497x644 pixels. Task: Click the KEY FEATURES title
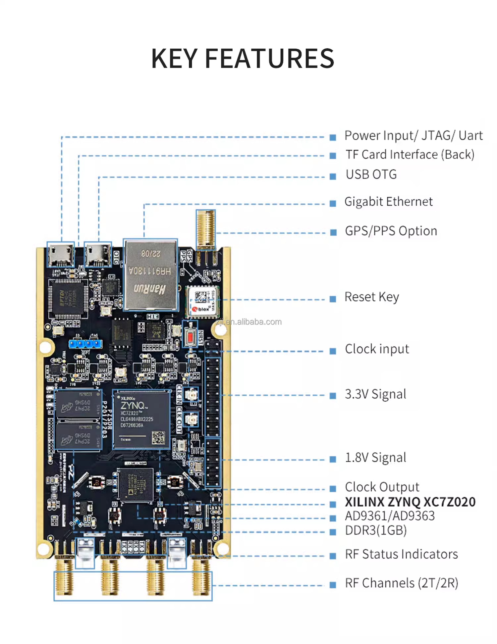click(x=243, y=59)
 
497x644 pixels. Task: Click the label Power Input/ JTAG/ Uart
click(x=413, y=136)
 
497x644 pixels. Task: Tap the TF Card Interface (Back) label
click(x=410, y=155)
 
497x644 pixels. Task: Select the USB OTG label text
click(x=371, y=174)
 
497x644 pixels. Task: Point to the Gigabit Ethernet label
click(x=388, y=202)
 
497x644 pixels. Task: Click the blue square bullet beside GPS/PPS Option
click(x=333, y=232)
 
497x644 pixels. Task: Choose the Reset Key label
click(x=371, y=297)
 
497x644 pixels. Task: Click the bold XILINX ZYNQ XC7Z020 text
click(x=410, y=502)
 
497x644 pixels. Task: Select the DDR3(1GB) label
click(x=375, y=530)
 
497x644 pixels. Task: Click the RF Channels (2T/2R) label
click(x=401, y=583)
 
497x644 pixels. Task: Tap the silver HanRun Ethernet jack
click(x=151, y=275)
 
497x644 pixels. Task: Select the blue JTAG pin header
click(x=85, y=344)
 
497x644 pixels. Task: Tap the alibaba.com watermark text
click(x=248, y=322)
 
